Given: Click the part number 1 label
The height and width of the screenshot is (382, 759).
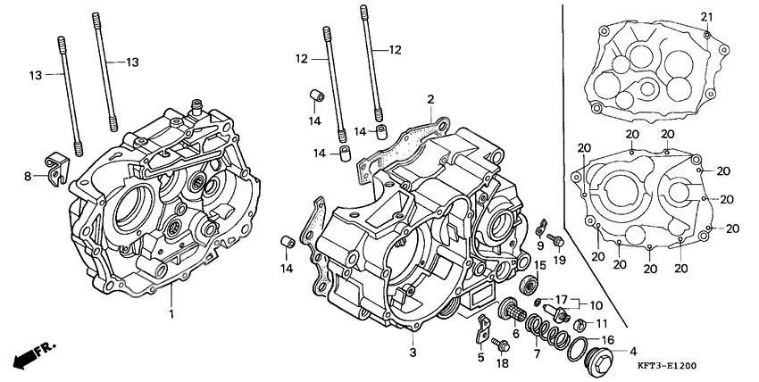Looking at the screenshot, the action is (x=171, y=315).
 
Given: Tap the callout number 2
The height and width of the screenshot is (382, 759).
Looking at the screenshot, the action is (x=430, y=100).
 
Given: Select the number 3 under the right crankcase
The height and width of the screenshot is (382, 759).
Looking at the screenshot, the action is (x=413, y=353).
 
